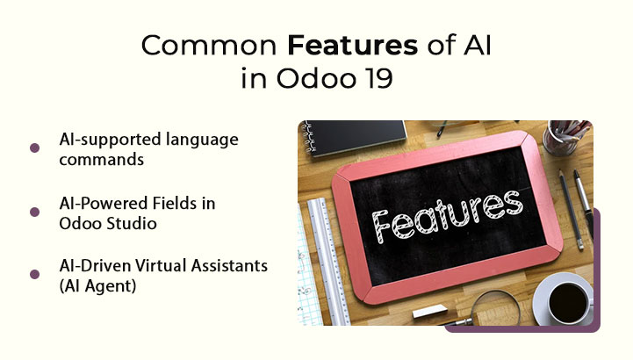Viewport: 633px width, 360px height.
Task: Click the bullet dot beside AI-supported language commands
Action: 35,148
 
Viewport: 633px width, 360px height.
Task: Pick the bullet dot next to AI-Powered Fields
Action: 35,212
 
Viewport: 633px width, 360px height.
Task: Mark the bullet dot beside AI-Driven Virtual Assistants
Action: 35,274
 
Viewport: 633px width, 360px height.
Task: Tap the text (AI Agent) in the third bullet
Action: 96,287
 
